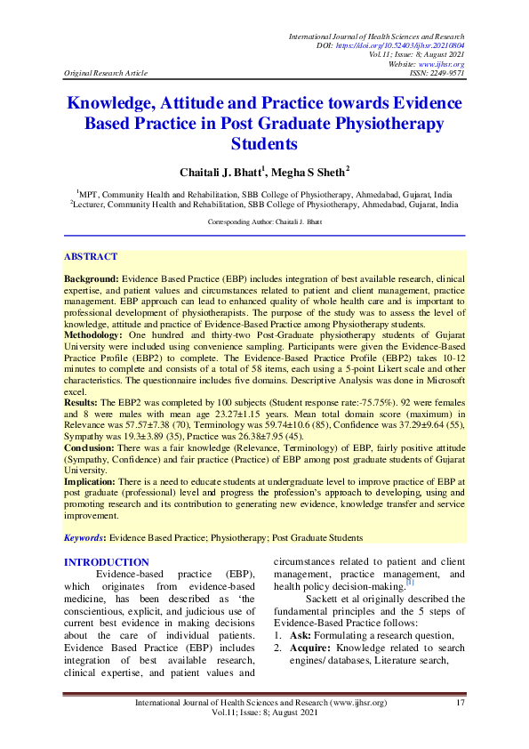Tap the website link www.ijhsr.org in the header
coord(445,64)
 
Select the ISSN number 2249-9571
coord(445,74)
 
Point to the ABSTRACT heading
coord(91,256)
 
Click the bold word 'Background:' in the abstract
coord(92,278)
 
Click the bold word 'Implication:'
coord(92,479)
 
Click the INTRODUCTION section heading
coord(106,562)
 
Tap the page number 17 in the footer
coord(460,704)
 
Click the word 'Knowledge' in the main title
coord(121,103)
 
